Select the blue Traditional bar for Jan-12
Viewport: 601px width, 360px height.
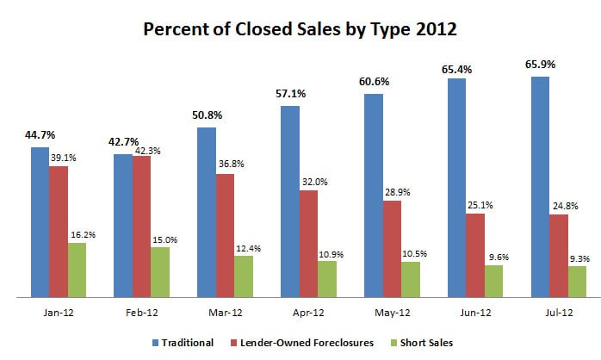pyautogui.click(x=40, y=222)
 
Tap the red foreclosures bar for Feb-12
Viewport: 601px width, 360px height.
pyautogui.click(x=142, y=227)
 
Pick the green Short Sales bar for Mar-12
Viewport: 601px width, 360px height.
pyautogui.click(x=244, y=276)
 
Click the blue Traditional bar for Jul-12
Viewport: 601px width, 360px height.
pyautogui.click(x=540, y=187)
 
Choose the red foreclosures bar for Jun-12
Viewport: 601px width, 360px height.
pyautogui.click(x=474, y=255)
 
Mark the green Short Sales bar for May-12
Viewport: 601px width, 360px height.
pyautogui.click(x=411, y=279)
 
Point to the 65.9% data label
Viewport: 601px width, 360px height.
pyautogui.click(x=540, y=65)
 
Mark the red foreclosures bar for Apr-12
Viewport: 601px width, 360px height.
pyautogui.click(x=308, y=244)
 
